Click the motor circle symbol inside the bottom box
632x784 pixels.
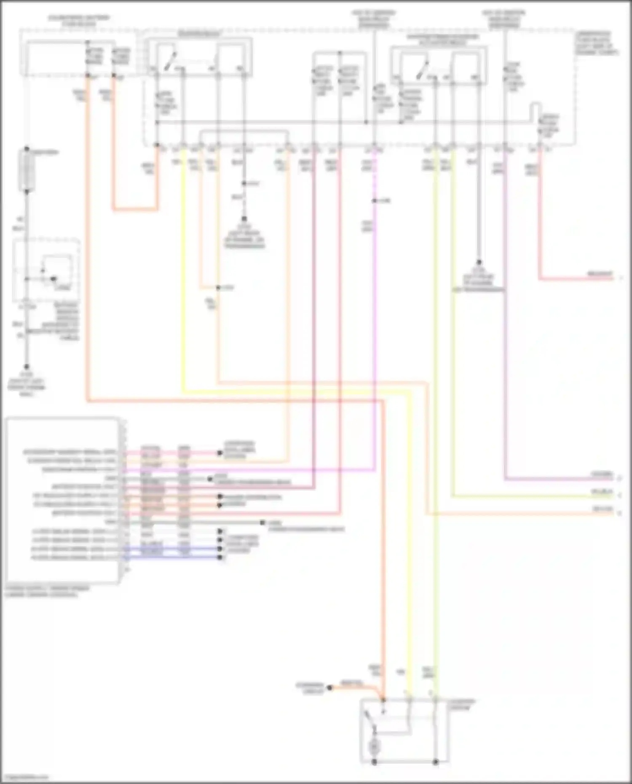tap(374, 747)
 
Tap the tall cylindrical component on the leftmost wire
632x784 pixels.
tap(27, 170)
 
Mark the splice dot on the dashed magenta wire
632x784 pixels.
tap(374, 201)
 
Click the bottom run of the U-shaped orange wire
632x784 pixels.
tap(135, 209)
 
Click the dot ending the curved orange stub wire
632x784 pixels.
tap(330, 688)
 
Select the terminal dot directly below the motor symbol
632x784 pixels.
tap(374, 762)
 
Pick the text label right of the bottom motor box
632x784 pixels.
tap(461, 705)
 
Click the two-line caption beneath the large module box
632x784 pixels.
tap(47, 591)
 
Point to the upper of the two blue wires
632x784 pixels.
tap(173, 549)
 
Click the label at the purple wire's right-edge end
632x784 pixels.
tap(602, 475)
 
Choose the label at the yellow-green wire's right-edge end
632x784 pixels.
tap(602, 492)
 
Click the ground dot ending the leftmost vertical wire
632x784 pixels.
tap(27, 367)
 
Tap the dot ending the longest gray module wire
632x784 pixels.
tap(262, 523)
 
